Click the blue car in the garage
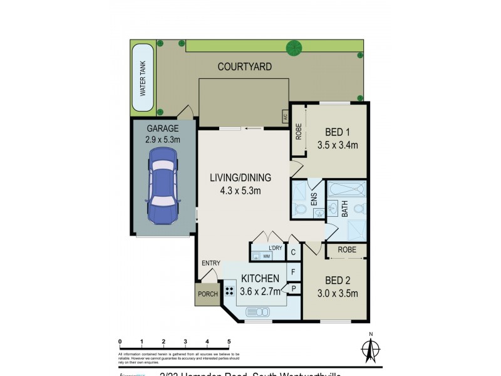click(162, 187)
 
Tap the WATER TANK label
click(142, 78)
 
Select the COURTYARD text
click(244, 66)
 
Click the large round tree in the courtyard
click(293, 47)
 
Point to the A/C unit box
click(284, 116)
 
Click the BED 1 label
click(337, 132)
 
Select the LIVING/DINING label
click(240, 178)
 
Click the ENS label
click(314, 200)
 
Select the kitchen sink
click(258, 311)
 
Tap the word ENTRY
click(209, 263)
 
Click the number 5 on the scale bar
click(229, 342)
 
